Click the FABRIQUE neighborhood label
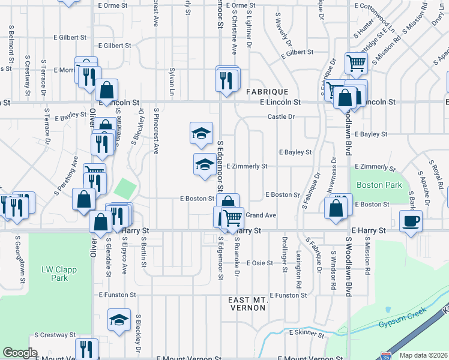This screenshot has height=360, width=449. click(267, 92)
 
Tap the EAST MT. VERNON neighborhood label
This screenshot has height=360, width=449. click(247, 303)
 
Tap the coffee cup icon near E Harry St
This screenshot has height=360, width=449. click(411, 221)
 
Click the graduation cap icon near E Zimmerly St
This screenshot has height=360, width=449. click(205, 164)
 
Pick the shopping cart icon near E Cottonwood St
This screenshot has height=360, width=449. click(356, 62)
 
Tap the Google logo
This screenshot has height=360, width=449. click(20, 353)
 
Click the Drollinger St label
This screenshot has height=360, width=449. click(284, 253)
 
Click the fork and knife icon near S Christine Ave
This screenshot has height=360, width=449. click(226, 80)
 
